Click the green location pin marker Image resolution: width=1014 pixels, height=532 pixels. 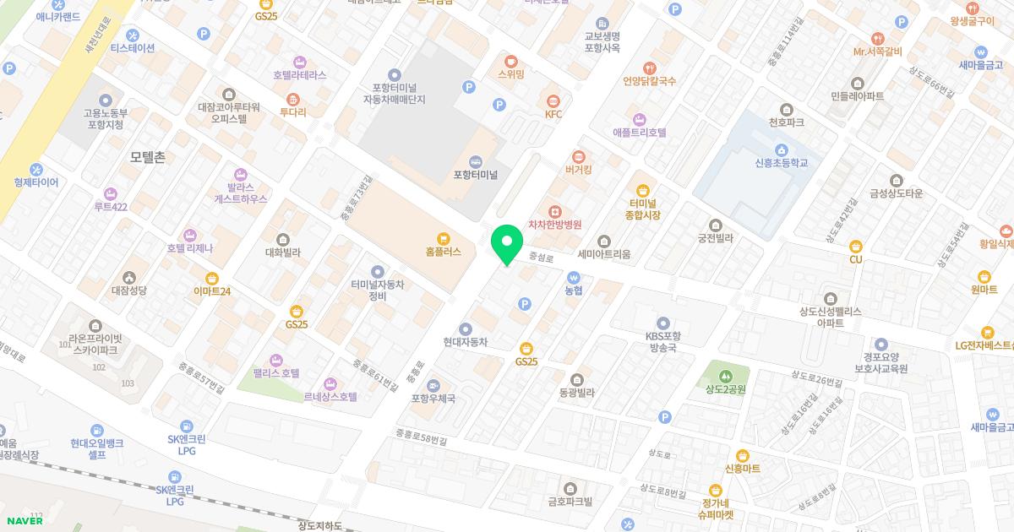pyautogui.click(x=507, y=243)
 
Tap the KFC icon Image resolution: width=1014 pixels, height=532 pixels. pyautogui.click(x=553, y=100)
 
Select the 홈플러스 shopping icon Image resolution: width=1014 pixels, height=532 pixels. pyautogui.click(x=444, y=238)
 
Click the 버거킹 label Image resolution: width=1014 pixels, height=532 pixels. pyautogui.click(x=578, y=170)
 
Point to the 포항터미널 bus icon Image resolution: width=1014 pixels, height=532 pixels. pyautogui.click(x=475, y=161)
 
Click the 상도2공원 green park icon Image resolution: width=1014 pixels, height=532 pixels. pyautogui.click(x=725, y=376)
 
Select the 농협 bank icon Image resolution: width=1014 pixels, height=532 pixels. pyautogui.click(x=574, y=276)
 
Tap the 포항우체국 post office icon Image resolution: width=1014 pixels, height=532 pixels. pyautogui.click(x=433, y=385)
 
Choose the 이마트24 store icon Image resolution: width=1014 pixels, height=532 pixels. pyautogui.click(x=212, y=278)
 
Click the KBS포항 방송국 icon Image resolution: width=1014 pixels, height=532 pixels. pyautogui.click(x=662, y=322)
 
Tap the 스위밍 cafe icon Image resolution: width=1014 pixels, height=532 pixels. pyautogui.click(x=510, y=61)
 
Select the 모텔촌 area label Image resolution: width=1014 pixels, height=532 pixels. pyautogui.click(x=148, y=157)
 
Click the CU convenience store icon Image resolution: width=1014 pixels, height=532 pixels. pyautogui.click(x=856, y=246)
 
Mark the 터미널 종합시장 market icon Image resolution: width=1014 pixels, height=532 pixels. pyautogui.click(x=644, y=190)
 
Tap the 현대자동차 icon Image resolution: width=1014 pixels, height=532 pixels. pyautogui.click(x=466, y=328)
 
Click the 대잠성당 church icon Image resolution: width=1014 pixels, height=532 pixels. pyautogui.click(x=129, y=277)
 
